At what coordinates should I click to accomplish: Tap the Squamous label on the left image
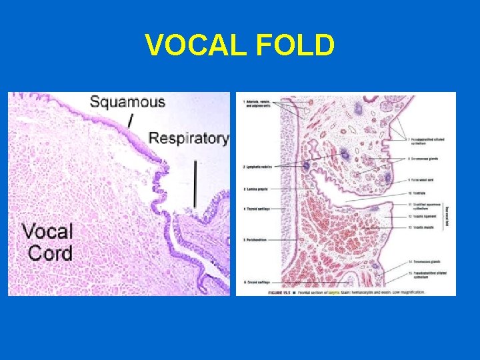click(127, 102)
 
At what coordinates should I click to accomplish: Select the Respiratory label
click(188, 139)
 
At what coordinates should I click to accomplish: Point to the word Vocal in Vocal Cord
click(47, 232)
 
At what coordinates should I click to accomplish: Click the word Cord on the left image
click(50, 253)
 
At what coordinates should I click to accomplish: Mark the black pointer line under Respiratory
click(195, 183)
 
